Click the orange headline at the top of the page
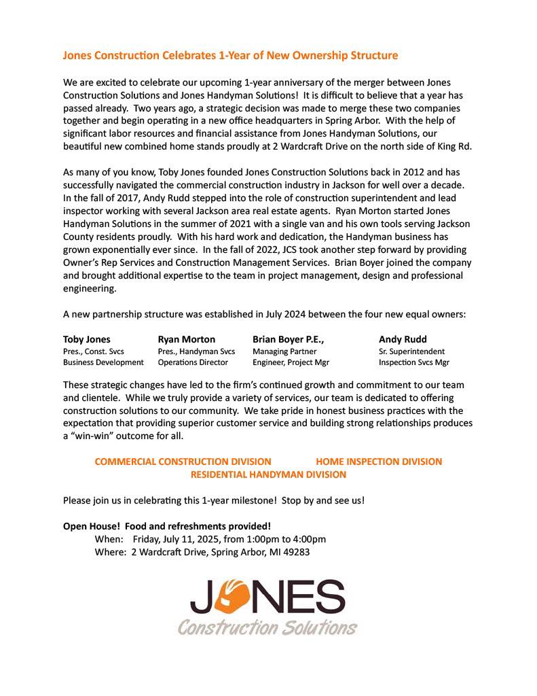click(x=230, y=55)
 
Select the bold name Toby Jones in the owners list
click(x=86, y=339)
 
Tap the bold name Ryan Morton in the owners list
click(x=186, y=339)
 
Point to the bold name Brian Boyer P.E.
click(x=288, y=339)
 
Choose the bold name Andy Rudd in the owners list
click(x=403, y=339)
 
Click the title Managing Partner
click(x=284, y=351)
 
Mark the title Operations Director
click(x=193, y=362)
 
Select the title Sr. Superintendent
click(x=411, y=351)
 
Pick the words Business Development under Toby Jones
click(x=103, y=362)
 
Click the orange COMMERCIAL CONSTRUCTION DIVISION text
click(x=183, y=462)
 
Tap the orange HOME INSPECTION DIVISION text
click(x=379, y=462)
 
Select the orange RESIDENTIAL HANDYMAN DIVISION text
click(x=268, y=474)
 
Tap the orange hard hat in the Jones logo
click(x=235, y=595)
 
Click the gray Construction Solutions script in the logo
click(x=267, y=626)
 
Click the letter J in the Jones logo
click(x=203, y=598)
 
